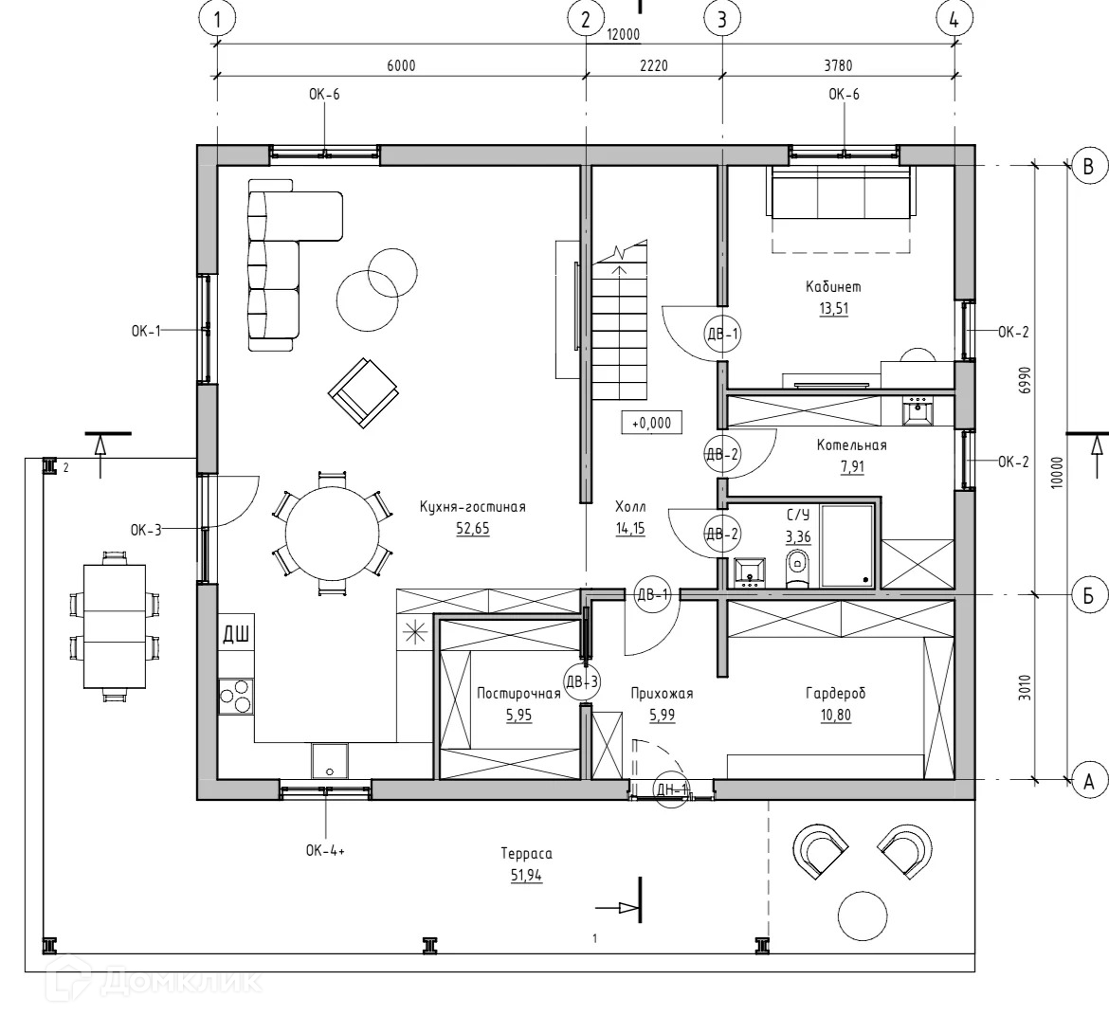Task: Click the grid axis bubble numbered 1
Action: pos(219,19)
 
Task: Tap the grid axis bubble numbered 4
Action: pos(954,19)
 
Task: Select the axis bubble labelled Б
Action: pos(1089,595)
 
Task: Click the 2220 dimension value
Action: pos(654,65)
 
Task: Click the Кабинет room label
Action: pos(833,286)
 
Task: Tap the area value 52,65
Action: pos(472,529)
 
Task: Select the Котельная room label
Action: pos(852,445)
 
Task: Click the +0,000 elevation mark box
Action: pos(651,424)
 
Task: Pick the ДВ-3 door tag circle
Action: pos(582,680)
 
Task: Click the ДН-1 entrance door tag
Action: pos(671,790)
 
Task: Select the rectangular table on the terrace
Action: pos(114,626)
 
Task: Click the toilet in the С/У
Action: pos(797,570)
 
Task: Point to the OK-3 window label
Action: pos(146,530)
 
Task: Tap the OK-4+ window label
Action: pos(325,850)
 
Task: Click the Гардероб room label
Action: pos(835,694)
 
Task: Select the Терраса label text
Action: pos(526,853)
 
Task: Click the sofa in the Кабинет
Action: pos(842,192)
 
